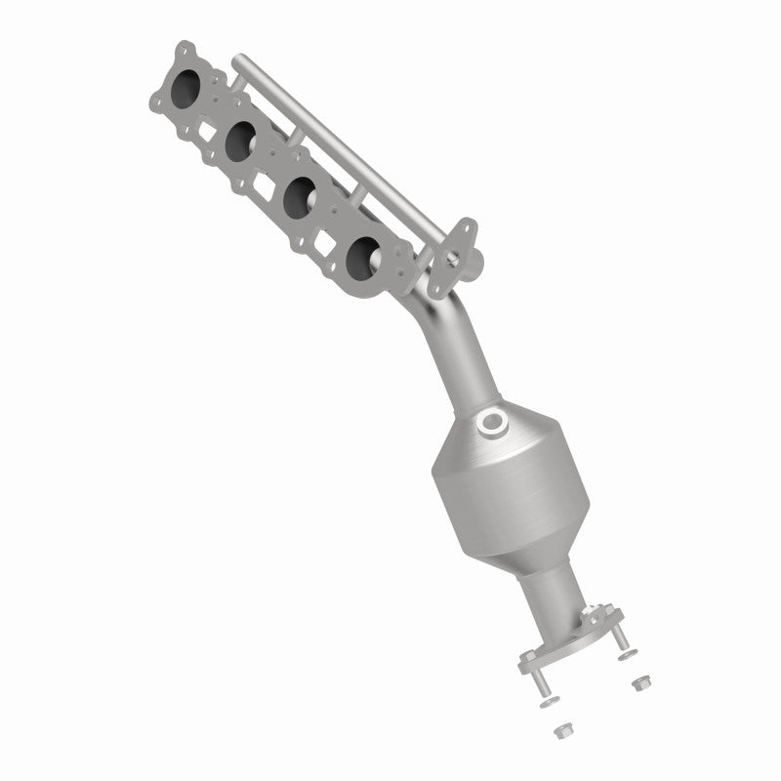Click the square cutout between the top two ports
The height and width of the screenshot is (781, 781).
[207, 127]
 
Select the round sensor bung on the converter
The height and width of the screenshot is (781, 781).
[492, 425]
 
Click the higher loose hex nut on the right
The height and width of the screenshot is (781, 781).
[640, 679]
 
